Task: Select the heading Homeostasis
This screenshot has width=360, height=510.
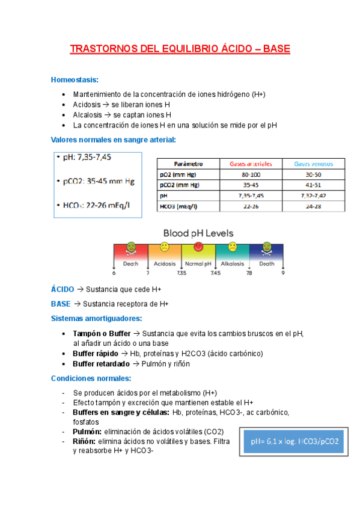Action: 75,80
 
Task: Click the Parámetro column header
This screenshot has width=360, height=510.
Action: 188,164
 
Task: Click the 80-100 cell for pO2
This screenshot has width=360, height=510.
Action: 251,174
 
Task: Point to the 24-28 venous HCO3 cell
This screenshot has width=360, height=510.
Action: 313,206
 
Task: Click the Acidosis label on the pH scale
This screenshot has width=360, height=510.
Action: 165,263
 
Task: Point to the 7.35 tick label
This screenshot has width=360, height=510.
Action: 182,273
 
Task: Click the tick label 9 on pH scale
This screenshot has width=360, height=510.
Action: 282,273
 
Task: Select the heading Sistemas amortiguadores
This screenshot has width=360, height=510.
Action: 97,318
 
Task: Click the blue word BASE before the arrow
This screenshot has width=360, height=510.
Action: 61,304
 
